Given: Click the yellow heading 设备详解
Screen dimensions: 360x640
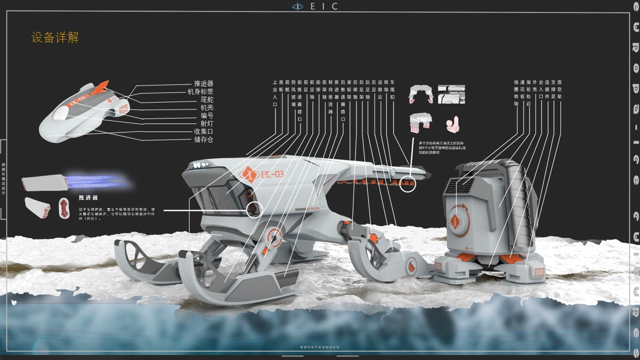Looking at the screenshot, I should pos(55,37).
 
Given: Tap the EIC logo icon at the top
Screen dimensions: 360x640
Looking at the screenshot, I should pos(298,6).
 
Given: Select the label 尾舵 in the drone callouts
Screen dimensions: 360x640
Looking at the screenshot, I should pos(206,99).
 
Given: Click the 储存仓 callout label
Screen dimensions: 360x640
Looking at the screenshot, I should pos(203,139).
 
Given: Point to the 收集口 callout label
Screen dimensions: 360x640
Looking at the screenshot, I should pos(203,131).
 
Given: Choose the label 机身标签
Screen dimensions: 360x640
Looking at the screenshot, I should pos(200,91).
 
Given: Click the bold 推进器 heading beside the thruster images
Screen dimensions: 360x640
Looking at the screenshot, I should pos(88,198).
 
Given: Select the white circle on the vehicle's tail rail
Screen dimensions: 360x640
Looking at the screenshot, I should pos(408,184).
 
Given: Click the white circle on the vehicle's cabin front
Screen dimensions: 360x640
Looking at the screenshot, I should pos(254,210).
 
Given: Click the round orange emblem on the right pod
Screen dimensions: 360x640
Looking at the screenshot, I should pos(456,220).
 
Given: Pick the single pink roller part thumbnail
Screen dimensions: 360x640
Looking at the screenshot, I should pos(452,124).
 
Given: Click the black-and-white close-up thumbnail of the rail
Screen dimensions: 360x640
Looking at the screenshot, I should pos(451,94).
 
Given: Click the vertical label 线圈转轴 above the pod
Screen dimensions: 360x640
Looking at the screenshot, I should pos(516,92).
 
